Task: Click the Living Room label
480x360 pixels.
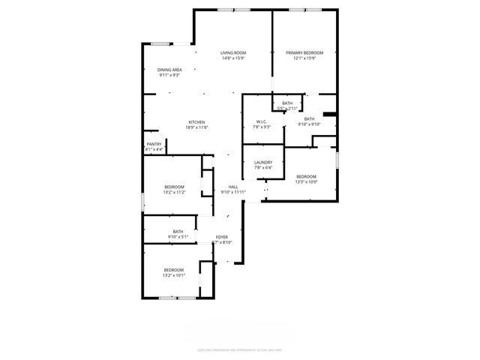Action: [233, 52]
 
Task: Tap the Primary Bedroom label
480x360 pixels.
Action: [304, 52]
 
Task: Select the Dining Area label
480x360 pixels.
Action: [169, 70]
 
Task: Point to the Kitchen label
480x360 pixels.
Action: [196, 122]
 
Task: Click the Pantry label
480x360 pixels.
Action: [154, 144]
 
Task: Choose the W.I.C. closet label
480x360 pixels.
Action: [262, 122]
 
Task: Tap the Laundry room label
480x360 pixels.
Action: [262, 162]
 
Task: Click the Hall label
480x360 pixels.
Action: [233, 187]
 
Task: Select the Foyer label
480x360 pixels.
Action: [222, 237]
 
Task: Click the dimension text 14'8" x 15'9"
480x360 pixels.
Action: [233, 58]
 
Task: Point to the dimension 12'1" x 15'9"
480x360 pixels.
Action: [304, 58]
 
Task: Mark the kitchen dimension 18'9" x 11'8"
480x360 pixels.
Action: [196, 127]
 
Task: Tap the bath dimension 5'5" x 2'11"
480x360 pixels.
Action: [287, 109]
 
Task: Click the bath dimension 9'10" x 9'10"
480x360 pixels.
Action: [309, 124]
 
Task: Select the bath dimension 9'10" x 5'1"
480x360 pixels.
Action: [178, 237]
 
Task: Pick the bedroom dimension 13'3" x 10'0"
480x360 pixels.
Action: [306, 181]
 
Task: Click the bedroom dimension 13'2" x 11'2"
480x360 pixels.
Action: [174, 192]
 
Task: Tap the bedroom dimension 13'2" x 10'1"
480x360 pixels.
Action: [174, 275]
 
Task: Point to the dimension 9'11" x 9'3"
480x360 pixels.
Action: [169, 75]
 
